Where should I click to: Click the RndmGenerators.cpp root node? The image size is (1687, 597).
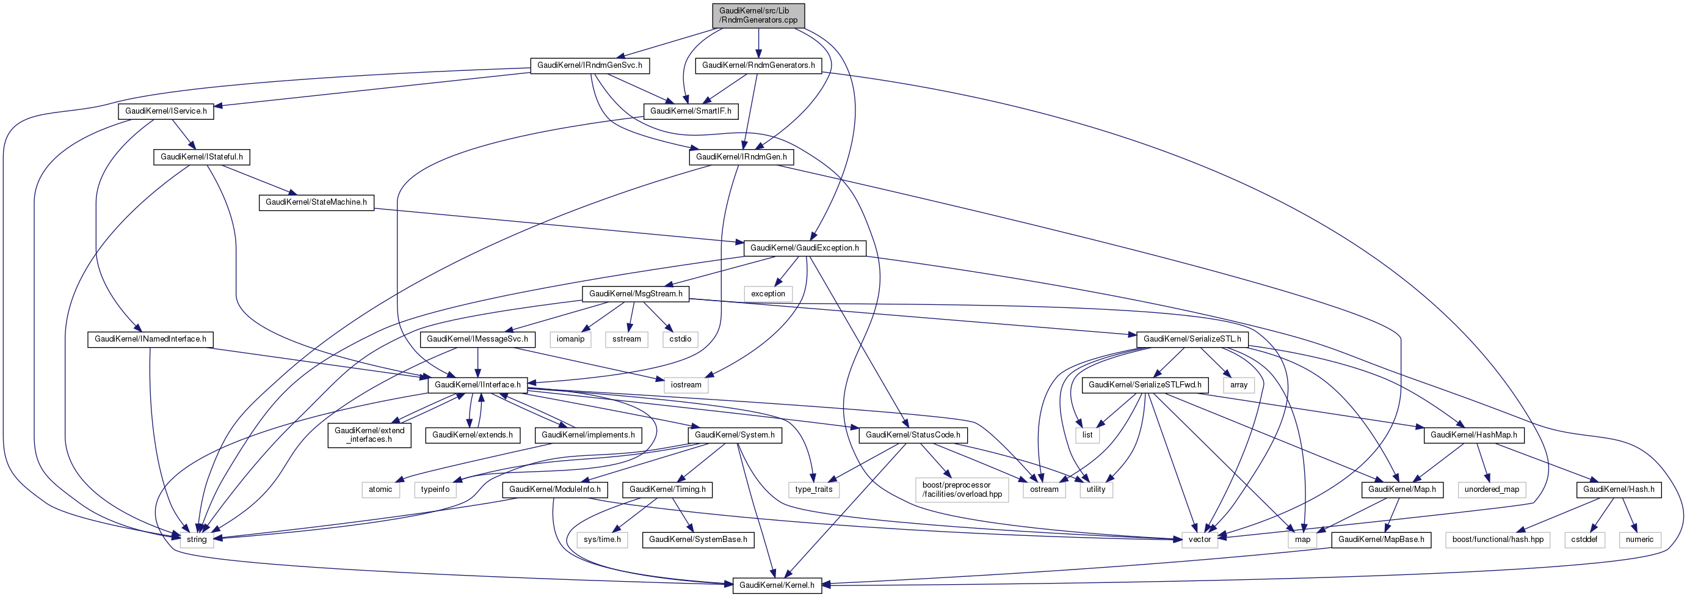(758, 16)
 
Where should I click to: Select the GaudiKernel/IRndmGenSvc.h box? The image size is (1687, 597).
(589, 65)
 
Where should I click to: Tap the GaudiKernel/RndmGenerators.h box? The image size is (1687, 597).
(758, 65)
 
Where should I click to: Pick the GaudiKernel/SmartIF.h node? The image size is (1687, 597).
(691, 111)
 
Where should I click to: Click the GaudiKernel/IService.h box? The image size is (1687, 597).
(165, 111)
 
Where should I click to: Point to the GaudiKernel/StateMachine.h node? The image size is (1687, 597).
(316, 202)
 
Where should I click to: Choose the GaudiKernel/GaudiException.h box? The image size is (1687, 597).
(805, 248)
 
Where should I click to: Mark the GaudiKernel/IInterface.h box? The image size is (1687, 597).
(477, 386)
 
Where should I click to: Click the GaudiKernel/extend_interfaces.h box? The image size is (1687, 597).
(369, 435)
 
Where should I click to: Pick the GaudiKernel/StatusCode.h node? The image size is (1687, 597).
(913, 435)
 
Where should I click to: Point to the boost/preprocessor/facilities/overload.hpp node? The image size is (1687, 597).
(962, 490)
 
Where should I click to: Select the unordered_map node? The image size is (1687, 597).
(1492, 489)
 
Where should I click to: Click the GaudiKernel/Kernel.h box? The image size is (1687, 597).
(777, 585)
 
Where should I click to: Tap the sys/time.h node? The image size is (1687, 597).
(602, 540)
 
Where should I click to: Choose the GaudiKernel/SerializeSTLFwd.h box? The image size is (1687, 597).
(1145, 386)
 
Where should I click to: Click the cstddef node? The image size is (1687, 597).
(1584, 540)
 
